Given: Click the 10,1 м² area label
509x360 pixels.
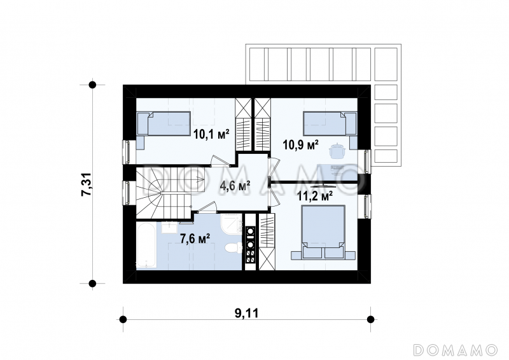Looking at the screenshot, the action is coord(211,134).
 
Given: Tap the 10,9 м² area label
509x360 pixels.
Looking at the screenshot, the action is coord(300,145).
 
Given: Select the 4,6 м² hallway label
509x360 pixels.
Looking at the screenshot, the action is coord(235,186).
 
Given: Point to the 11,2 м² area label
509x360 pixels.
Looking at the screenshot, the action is coord(315,196).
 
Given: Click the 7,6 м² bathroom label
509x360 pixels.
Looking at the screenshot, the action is coord(195,239).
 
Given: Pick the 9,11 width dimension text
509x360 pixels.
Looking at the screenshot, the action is coord(247,314).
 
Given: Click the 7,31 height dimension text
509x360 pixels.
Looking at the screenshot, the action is coord(87,184).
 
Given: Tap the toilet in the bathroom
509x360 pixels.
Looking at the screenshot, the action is coord(234,248).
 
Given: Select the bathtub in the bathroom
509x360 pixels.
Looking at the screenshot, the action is coord(146,245).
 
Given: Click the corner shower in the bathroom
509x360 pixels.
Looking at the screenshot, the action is coord(232,224).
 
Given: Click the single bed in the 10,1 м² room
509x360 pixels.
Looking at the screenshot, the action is coord(164,123).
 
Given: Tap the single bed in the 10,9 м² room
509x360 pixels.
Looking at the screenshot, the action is coord(330,123).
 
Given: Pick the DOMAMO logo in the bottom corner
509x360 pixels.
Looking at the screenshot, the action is coord(455,350).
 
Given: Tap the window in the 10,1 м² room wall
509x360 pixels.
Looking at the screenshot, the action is coord(126,152).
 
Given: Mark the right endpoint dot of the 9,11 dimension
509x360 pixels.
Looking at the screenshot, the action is coord(370,319).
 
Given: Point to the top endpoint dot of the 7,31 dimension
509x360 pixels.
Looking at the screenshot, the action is coord(92,85).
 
